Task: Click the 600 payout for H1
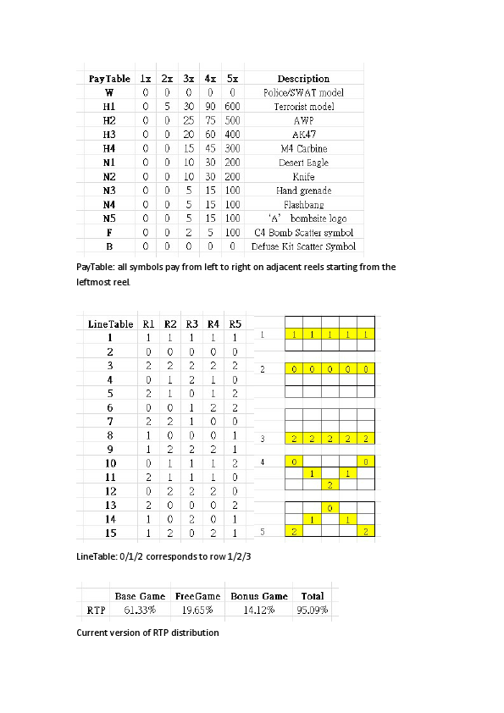pos(232,107)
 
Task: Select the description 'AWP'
pos(303,120)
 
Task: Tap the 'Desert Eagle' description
pos(303,163)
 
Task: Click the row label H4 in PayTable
pos(108,148)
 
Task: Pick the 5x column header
pos(232,79)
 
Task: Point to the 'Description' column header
pos(303,79)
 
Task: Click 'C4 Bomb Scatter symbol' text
pos(303,232)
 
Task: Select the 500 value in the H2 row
pos(232,120)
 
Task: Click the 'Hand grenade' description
pos(303,191)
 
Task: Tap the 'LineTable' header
pos(110,323)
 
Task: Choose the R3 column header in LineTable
pos(191,323)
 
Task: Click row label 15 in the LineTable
pos(109,533)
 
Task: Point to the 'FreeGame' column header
pos(197,596)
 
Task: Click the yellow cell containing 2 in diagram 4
pos(330,484)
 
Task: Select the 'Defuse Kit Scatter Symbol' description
pos(303,246)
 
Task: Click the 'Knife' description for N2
pos(303,176)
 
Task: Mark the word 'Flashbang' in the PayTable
pos(303,204)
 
